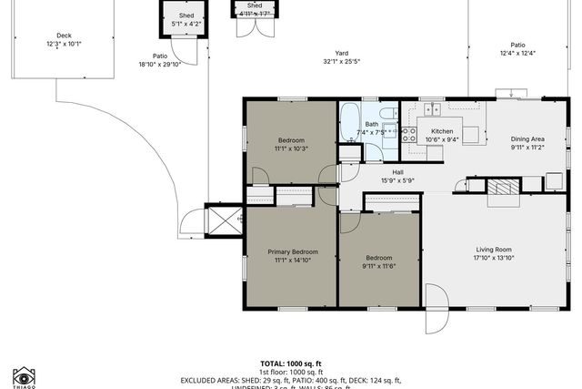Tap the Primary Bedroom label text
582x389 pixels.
(292, 251)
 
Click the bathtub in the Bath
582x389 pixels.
(350, 127)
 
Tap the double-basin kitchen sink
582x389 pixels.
(432, 110)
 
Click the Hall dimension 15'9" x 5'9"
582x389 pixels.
(396, 180)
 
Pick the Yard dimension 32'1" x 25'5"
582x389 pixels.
(341, 62)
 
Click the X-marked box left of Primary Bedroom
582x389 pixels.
(224, 219)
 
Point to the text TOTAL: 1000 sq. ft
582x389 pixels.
(291, 363)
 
